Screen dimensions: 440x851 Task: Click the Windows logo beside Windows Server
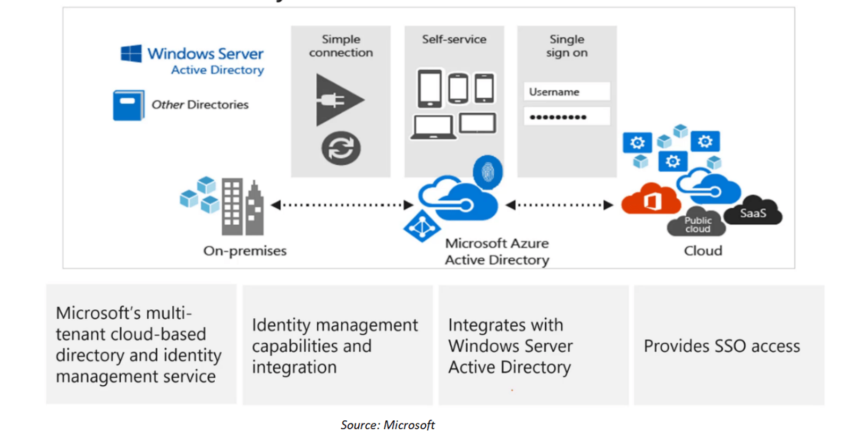(x=131, y=54)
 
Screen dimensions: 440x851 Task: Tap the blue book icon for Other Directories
(x=128, y=105)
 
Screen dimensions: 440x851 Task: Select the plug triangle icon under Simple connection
(x=337, y=100)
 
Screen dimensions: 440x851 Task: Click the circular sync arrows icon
(x=341, y=148)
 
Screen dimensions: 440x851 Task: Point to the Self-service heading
(x=454, y=39)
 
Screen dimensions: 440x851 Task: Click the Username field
(x=567, y=92)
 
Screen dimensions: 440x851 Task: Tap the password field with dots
(x=567, y=117)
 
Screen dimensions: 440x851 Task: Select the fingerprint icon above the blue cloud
(x=487, y=172)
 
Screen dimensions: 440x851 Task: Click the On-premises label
(x=245, y=251)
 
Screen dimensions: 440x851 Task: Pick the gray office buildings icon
(x=242, y=208)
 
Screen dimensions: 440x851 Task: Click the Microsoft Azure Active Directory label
(x=496, y=251)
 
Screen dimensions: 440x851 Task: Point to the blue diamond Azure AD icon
(x=422, y=226)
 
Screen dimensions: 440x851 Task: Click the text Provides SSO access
(x=721, y=346)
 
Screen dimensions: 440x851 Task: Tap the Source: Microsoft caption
(x=387, y=425)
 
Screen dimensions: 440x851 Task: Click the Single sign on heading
(x=567, y=46)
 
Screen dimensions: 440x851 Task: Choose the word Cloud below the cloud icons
(x=703, y=251)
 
